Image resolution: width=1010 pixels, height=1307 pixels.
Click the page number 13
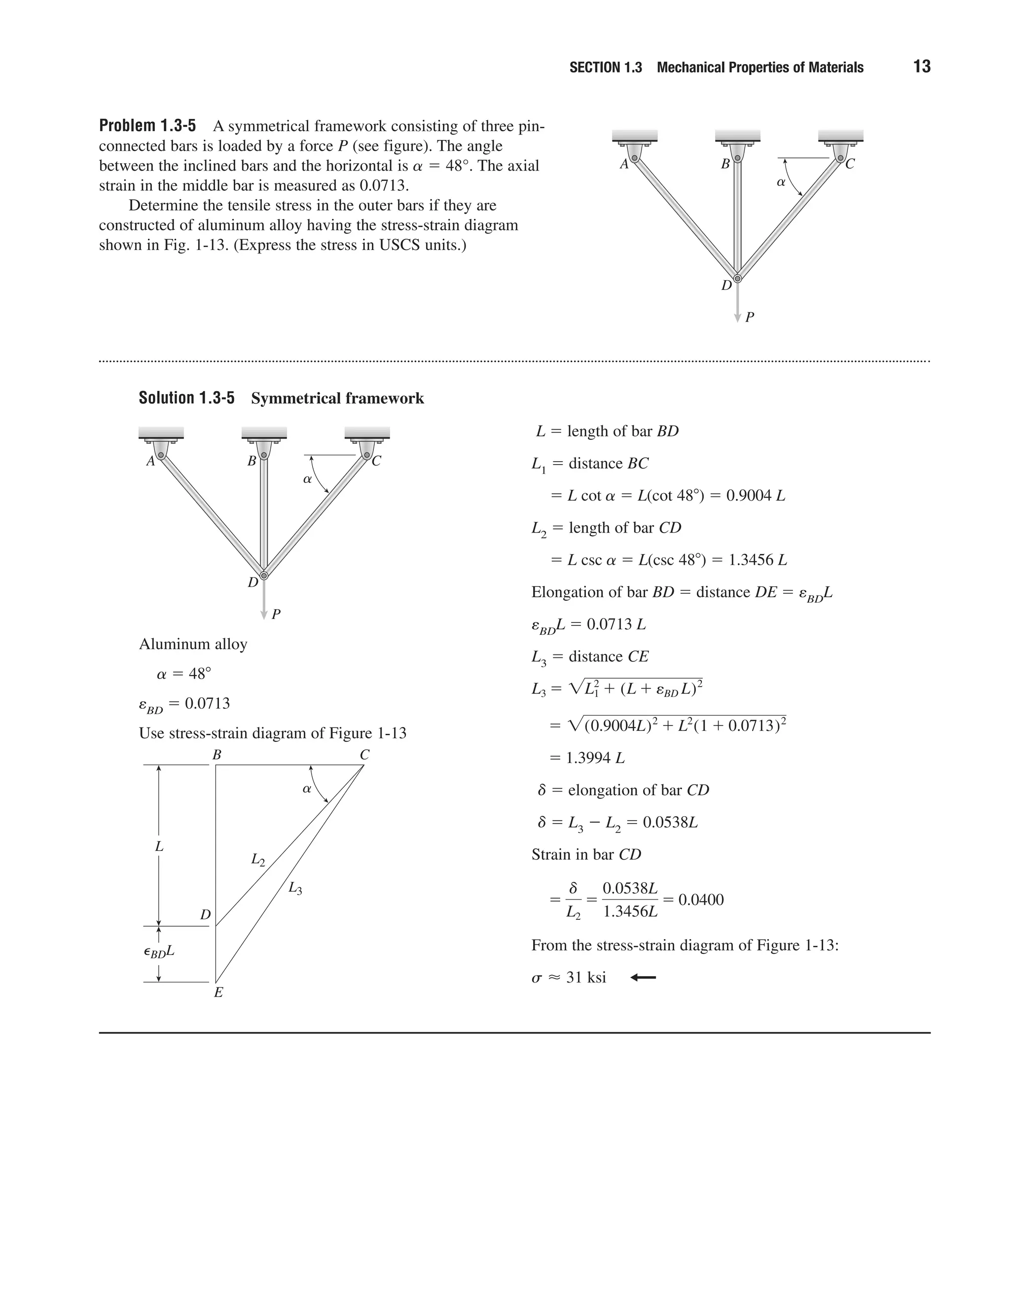tap(921, 67)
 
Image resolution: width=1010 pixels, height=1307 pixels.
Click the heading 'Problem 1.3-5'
tap(147, 126)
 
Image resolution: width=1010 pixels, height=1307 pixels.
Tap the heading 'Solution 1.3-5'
tap(187, 398)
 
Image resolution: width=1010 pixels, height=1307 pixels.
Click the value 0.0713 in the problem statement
tap(382, 185)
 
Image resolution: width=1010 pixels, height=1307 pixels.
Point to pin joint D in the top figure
tap(738, 278)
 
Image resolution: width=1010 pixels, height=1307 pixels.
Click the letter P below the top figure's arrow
tap(750, 317)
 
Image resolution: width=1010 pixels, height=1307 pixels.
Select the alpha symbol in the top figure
tap(780, 182)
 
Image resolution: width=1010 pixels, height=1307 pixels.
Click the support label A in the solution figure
tap(151, 462)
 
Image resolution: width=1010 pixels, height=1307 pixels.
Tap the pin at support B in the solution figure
tap(264, 455)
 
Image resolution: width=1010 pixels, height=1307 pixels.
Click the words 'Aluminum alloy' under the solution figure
tap(193, 645)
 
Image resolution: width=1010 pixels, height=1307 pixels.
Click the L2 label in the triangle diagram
tap(257, 860)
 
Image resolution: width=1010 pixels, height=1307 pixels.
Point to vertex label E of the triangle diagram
tap(218, 992)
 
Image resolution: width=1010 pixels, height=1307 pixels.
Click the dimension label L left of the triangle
tap(159, 846)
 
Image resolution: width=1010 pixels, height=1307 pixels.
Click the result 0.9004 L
tap(755, 496)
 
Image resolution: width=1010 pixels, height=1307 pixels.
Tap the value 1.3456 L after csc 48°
tap(757, 560)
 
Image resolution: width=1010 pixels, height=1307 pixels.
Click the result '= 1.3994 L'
tap(587, 758)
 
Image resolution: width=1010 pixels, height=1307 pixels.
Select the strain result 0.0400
tap(701, 900)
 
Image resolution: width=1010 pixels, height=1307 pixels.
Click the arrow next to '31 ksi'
tap(643, 978)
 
